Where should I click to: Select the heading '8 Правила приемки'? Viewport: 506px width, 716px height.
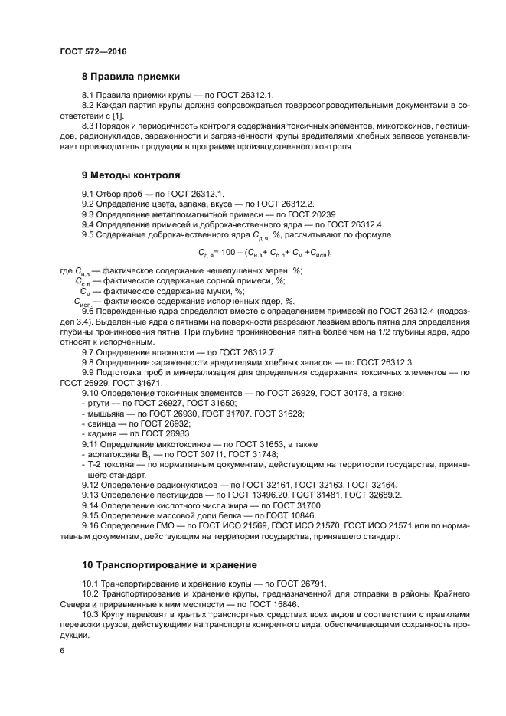pyautogui.click(x=131, y=77)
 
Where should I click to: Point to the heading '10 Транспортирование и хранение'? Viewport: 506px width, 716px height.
pyautogui.click(x=169, y=565)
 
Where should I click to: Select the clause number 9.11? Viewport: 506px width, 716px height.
pyautogui.click(x=91, y=443)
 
